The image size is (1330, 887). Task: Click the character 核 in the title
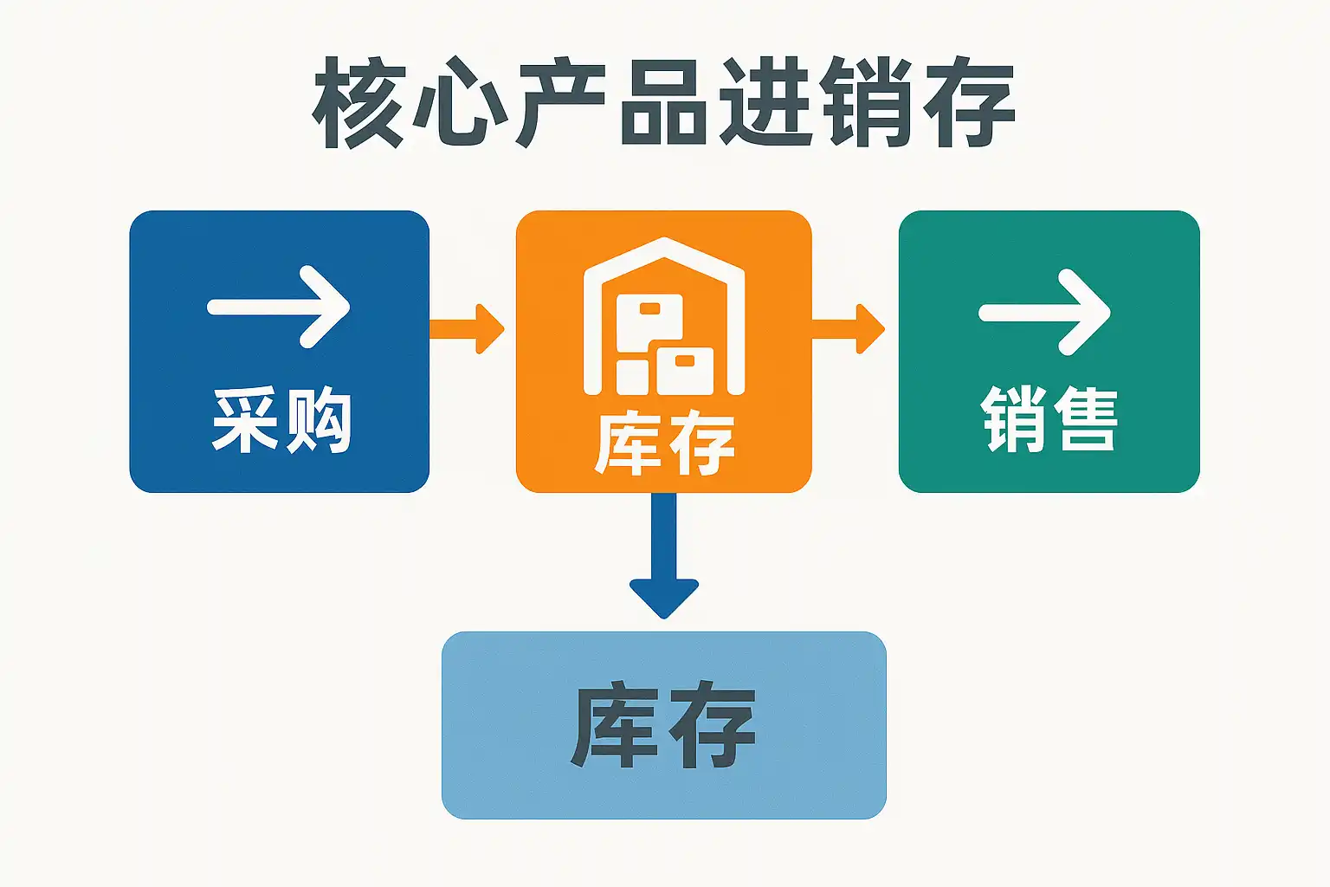[358, 102]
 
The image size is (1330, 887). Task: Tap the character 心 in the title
[460, 102]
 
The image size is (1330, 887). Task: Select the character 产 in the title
[561, 102]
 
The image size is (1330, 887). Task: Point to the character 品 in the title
[663, 102]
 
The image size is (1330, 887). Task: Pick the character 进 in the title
[765, 102]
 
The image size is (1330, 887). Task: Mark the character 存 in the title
[968, 102]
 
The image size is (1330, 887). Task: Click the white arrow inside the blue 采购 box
[279, 307]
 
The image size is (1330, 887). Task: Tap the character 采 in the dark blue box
[246, 420]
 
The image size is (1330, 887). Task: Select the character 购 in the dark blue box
[319, 420]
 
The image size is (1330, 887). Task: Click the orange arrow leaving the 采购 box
[468, 329]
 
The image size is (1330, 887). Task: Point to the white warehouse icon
[664, 318]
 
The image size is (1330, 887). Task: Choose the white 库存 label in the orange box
[664, 444]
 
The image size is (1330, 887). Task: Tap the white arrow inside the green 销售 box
[1045, 313]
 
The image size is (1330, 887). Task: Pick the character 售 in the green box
[1085, 419]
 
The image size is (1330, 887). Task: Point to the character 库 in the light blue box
[615, 726]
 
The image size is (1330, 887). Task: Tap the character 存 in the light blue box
[712, 726]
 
